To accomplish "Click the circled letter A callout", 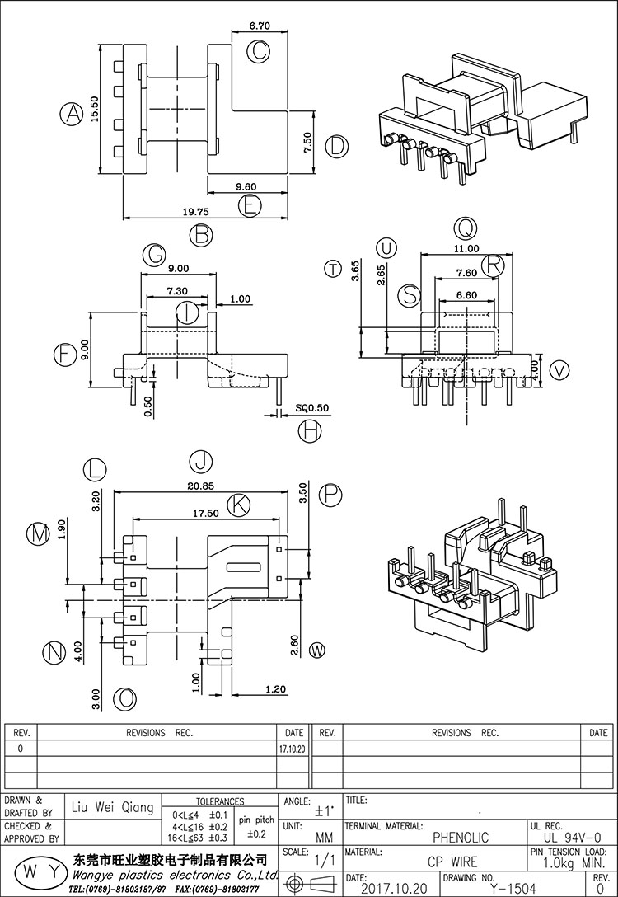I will coord(73,115).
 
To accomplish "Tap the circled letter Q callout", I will coord(466,228).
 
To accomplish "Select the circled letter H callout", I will coord(310,431).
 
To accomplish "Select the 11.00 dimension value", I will coord(466,248).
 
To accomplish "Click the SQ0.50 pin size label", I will coord(311,408).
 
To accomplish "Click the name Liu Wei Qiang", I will coord(113,808).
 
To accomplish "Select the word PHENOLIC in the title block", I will coord(461,838).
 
